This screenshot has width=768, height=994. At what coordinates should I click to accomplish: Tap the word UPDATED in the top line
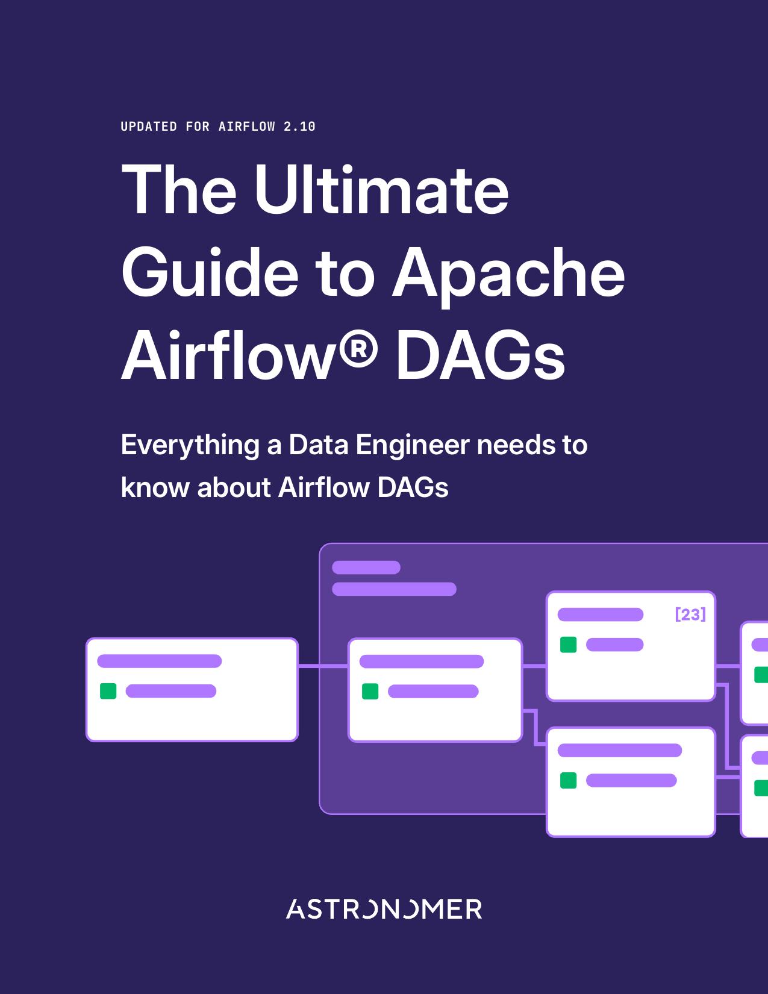pos(149,127)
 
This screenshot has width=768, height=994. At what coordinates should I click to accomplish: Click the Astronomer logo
pos(384,909)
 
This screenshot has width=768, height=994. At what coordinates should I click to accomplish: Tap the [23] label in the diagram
pos(690,614)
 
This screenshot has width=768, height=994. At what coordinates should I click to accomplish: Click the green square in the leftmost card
pos(108,691)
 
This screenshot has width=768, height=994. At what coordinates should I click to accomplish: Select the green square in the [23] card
pos(568,645)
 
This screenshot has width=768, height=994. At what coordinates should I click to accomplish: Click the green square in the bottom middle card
pos(568,780)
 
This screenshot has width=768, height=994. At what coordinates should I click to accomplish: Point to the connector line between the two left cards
pos(323,666)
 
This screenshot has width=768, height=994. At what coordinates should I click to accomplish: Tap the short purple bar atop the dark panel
pos(366,567)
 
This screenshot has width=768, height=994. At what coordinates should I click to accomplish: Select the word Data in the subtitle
pos(318,445)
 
